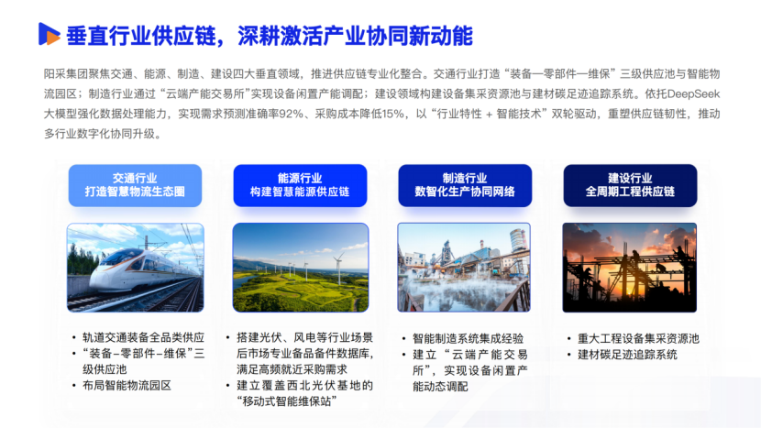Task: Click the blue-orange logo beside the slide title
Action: (49, 34)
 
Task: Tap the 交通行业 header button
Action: (135, 185)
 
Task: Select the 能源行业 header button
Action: (300, 185)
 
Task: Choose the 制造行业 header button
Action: (465, 185)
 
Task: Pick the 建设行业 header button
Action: (630, 185)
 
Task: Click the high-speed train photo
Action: (136, 268)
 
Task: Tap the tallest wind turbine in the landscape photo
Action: (338, 268)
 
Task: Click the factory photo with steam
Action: (464, 268)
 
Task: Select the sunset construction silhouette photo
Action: (630, 268)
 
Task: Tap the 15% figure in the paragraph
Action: (392, 114)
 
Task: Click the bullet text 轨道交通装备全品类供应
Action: (144, 338)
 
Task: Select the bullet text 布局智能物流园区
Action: (127, 386)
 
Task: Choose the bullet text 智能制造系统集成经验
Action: (469, 339)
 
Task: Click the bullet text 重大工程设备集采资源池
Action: (639, 339)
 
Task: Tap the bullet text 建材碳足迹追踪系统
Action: (627, 355)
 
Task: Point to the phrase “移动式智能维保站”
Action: (287, 401)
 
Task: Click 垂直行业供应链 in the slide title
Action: (141, 36)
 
